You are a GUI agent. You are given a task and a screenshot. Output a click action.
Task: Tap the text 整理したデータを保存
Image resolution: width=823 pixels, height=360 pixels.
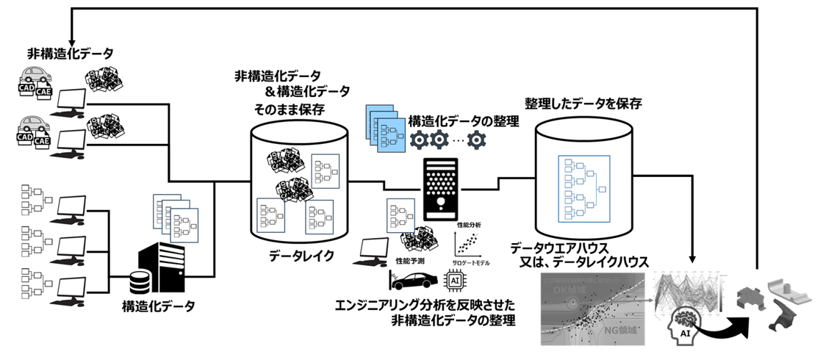583,104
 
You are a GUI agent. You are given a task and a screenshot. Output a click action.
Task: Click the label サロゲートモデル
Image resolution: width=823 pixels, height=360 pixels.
471,262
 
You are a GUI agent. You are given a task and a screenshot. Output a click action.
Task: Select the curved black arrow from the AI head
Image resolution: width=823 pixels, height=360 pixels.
723,323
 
